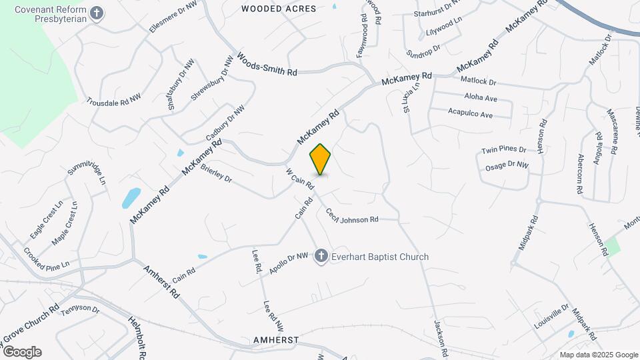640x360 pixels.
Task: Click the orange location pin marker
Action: pos(320,159)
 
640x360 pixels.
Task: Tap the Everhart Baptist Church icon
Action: pos(321,257)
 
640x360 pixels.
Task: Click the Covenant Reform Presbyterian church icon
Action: pos(97,13)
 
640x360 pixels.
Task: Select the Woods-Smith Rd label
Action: pos(267,65)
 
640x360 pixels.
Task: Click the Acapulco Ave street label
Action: pos(470,114)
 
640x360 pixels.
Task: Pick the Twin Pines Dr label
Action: pos(504,151)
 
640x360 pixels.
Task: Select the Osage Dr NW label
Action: pos(507,165)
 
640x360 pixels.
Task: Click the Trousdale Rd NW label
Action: pos(113,99)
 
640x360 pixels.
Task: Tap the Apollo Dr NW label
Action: pos(289,263)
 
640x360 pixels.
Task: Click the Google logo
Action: pos(21,351)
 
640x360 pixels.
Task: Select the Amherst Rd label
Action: pos(162,281)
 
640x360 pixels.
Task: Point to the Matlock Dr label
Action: pos(479,82)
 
